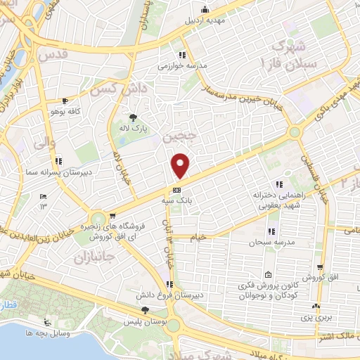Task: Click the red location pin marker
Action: point(181,165)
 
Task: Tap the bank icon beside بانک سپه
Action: point(176,190)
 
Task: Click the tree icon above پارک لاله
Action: point(133,117)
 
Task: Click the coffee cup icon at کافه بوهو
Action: point(65,101)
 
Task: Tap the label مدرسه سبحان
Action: point(270,243)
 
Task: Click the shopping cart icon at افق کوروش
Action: point(321,268)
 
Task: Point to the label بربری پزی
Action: point(316,319)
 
